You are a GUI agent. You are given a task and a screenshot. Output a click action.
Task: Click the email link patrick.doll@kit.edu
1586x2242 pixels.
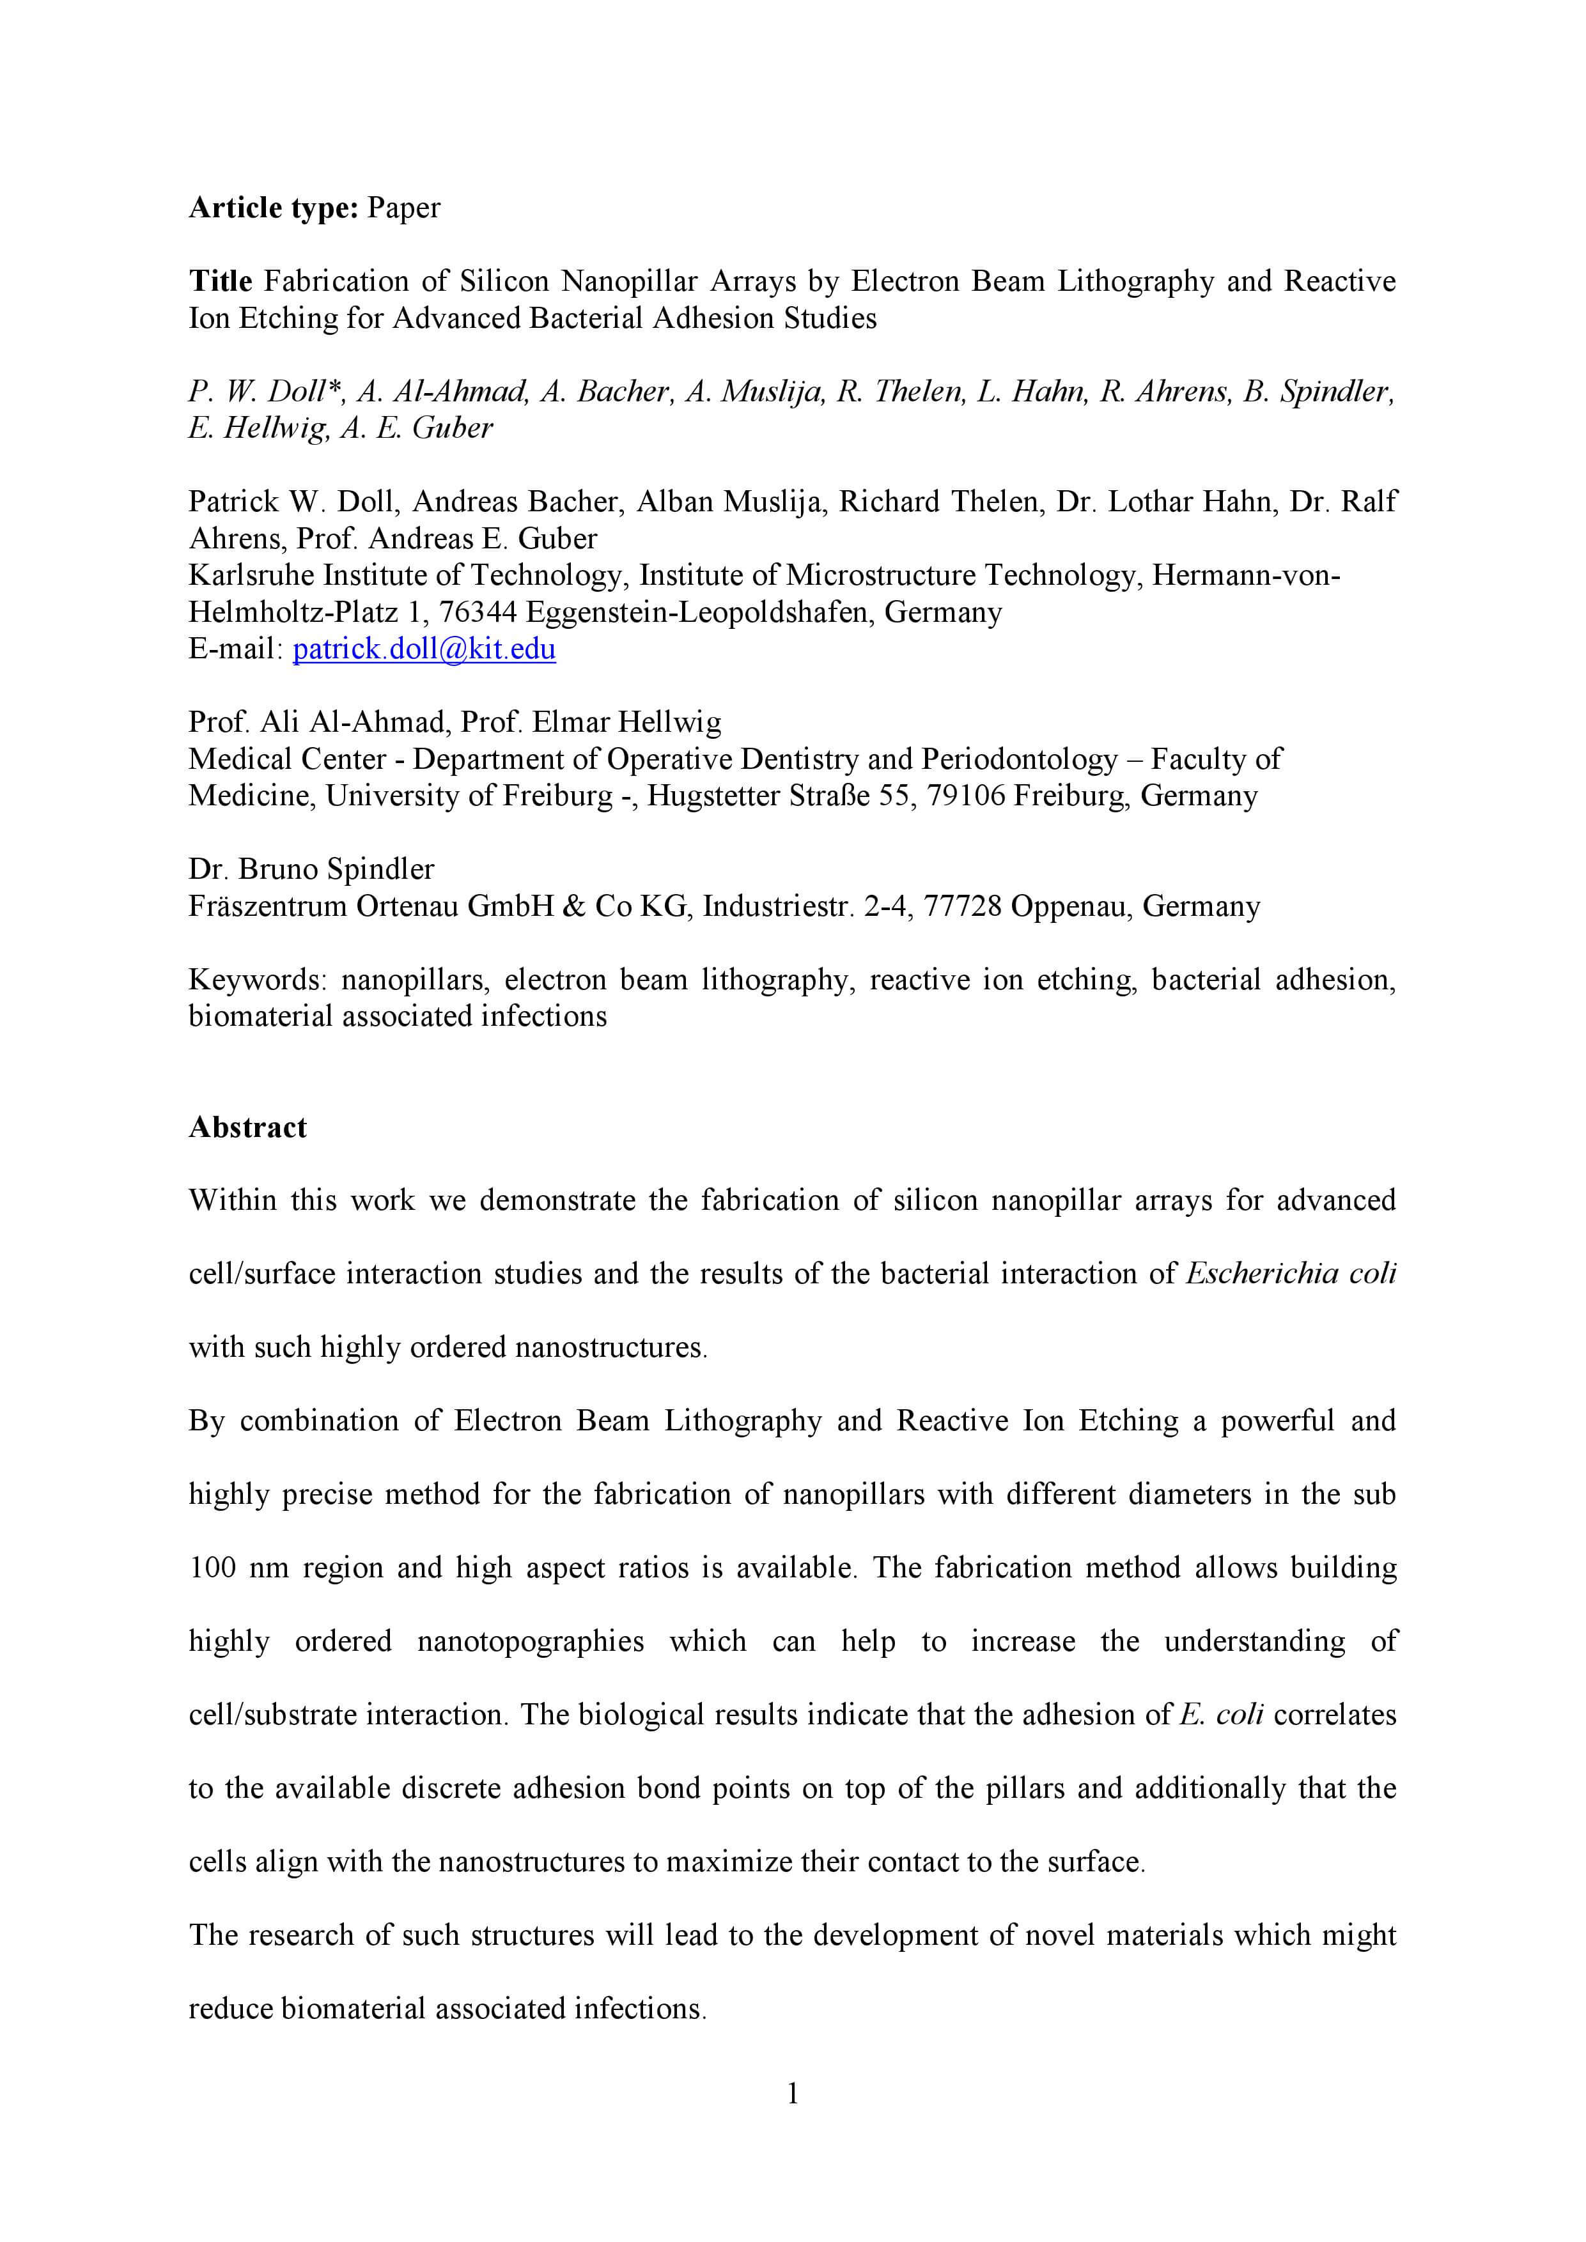click(x=424, y=649)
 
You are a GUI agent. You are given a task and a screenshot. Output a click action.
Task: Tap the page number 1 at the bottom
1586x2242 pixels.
click(x=792, y=2092)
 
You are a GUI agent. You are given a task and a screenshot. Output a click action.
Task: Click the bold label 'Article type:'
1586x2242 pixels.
click(x=274, y=207)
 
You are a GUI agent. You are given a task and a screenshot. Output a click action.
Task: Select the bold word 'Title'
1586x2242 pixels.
click(x=221, y=281)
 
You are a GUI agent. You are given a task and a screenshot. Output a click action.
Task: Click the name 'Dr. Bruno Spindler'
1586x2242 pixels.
click(x=311, y=869)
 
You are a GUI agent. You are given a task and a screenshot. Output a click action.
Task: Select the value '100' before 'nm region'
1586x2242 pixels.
click(x=212, y=1567)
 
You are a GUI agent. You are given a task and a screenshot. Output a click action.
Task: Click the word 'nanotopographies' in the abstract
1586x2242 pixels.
click(x=531, y=1641)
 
